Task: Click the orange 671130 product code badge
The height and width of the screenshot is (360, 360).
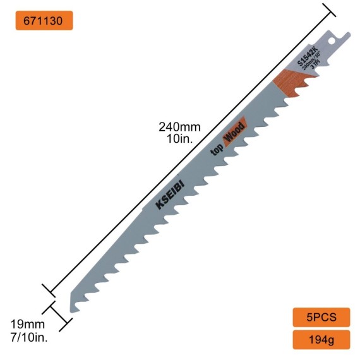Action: click(x=44, y=20)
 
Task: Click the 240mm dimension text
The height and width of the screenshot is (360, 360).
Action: click(x=179, y=126)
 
